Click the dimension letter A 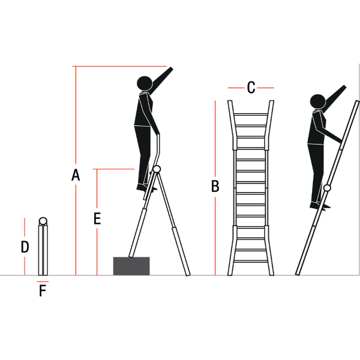[76, 175]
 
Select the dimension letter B [215, 186]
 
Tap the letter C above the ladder [251, 88]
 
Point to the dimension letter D [25, 247]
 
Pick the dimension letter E [97, 218]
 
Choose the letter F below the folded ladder [43, 290]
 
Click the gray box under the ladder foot [131, 266]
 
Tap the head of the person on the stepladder [145, 83]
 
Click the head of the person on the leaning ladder [318, 101]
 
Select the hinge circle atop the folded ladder [43, 221]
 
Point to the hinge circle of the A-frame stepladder [157, 169]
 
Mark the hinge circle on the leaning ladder [327, 188]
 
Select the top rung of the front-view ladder [251, 115]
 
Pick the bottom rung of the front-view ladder [251, 261]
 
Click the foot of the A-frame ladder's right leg [188, 274]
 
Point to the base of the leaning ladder [298, 274]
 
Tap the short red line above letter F [43, 281]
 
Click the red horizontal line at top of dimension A [119, 67]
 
